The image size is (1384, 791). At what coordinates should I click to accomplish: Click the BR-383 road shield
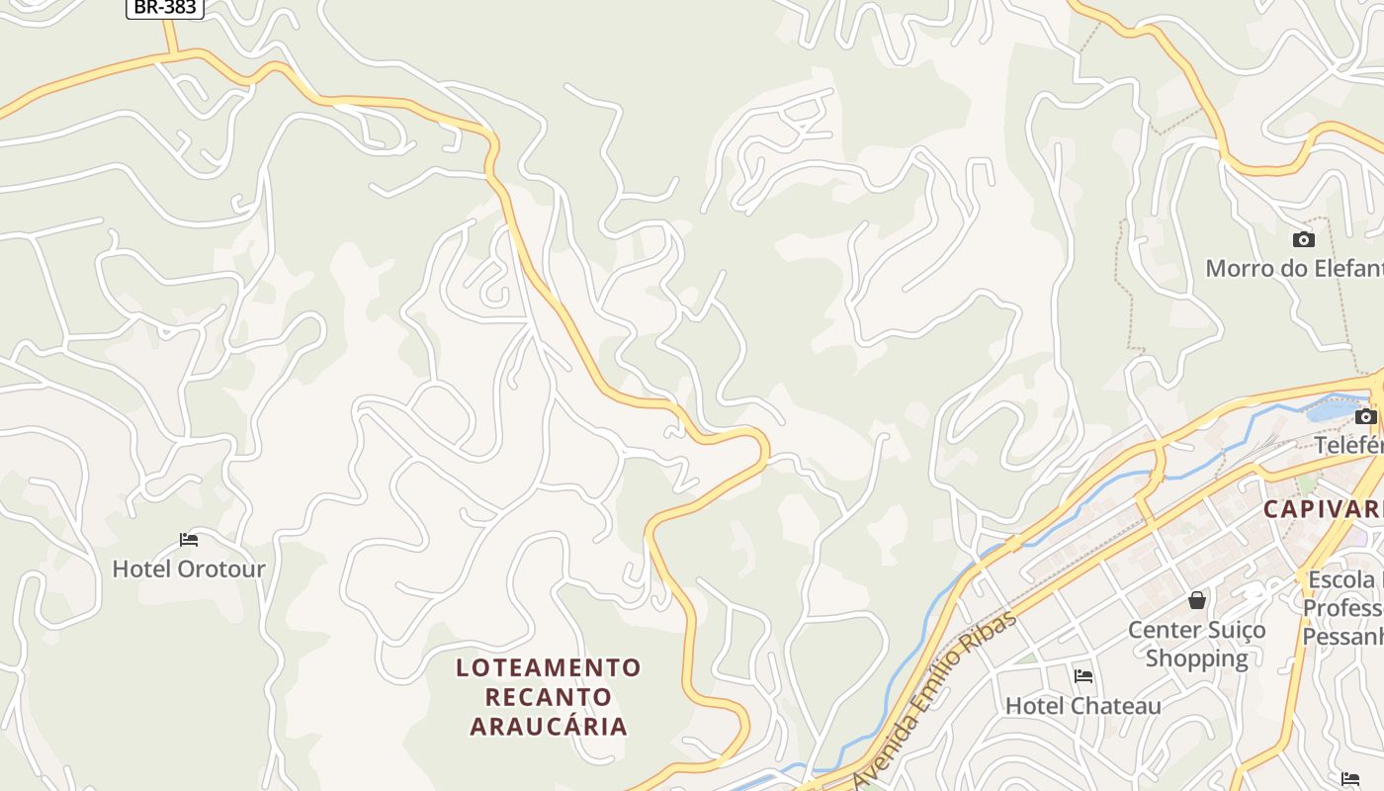pyautogui.click(x=165, y=8)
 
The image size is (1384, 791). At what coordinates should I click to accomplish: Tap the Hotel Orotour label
pyautogui.click(x=189, y=569)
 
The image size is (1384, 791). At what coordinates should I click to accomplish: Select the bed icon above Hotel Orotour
pyautogui.click(x=189, y=540)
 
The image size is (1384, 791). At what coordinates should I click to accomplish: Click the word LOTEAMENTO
pyautogui.click(x=549, y=667)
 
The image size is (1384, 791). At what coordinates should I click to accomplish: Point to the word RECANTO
pyautogui.click(x=549, y=697)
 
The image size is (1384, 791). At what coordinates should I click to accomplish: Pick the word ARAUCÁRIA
pyautogui.click(x=549, y=727)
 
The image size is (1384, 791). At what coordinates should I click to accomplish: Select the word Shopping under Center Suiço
pyautogui.click(x=1197, y=658)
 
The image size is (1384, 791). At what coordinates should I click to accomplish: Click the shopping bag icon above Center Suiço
pyautogui.click(x=1197, y=600)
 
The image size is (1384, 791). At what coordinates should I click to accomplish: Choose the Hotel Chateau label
pyautogui.click(x=1083, y=706)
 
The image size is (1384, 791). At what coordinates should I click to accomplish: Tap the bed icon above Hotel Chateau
pyautogui.click(x=1083, y=676)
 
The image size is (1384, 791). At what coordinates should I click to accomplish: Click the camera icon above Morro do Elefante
pyautogui.click(x=1304, y=239)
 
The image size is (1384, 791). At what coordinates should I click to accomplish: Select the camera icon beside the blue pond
pyautogui.click(x=1365, y=416)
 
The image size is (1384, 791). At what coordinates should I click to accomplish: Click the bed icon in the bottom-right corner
pyautogui.click(x=1350, y=779)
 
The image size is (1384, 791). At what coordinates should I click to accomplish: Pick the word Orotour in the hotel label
pyautogui.click(x=222, y=569)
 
